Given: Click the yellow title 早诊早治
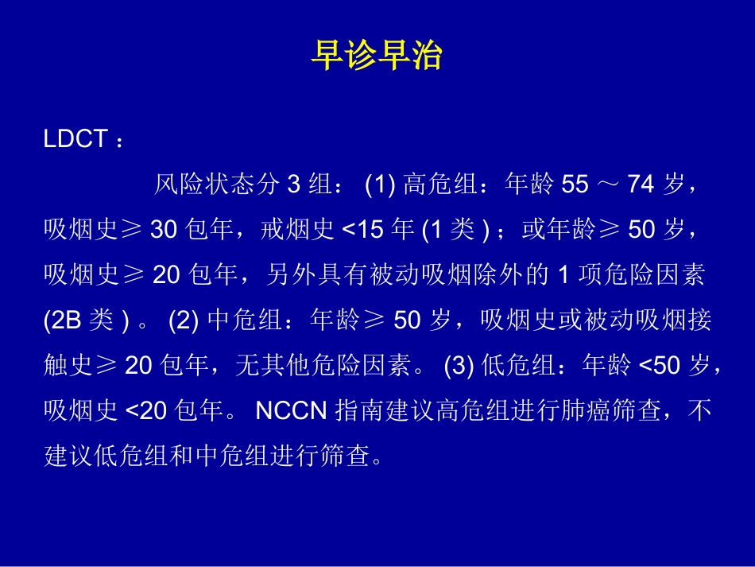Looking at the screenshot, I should click(376, 56).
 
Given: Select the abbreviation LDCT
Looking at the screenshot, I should click(75, 139).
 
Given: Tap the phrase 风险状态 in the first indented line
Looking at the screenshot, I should click(204, 185).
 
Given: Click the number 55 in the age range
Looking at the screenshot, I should click(575, 185).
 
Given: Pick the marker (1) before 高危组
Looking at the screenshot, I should click(380, 185).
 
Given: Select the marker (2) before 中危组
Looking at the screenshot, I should click(184, 321).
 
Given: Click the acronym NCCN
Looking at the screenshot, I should click(291, 412).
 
